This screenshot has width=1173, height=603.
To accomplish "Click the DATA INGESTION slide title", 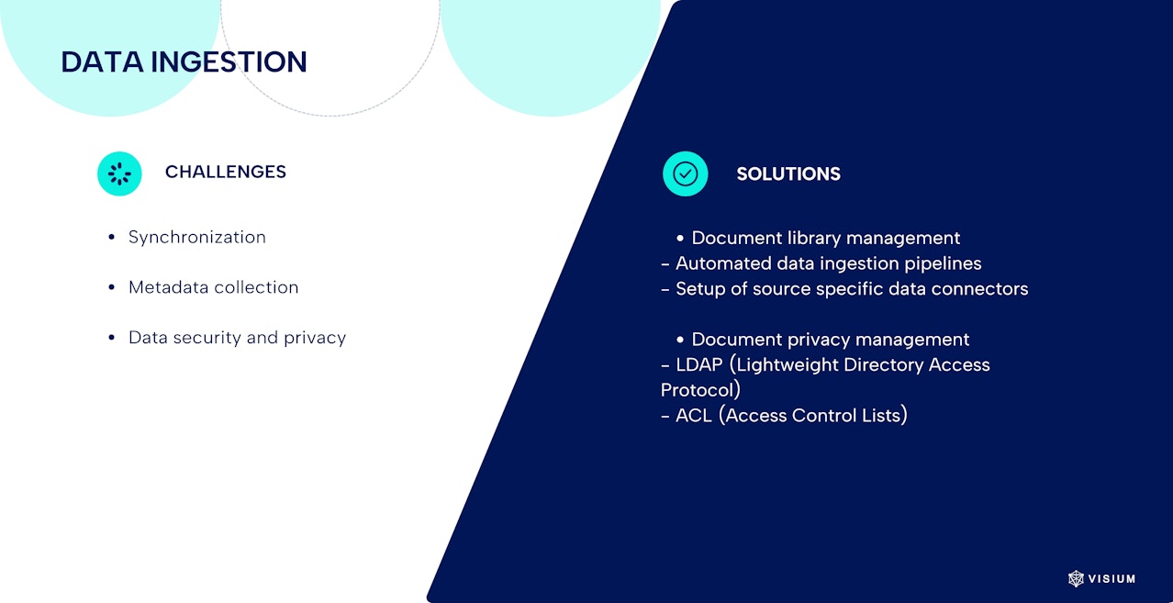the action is pos(184,61).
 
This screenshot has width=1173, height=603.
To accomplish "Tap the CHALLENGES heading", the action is pos(226,172).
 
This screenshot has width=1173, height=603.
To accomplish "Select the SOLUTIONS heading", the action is pos(788,173).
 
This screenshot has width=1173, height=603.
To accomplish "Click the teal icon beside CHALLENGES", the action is pos(119,173).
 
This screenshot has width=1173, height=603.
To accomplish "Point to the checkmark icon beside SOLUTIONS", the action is pos(686,173).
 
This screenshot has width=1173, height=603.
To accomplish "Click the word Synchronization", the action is pos(197,238).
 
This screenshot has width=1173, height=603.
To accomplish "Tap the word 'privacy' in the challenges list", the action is pos(315,338).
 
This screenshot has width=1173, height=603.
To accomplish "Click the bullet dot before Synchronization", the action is pos(112,238).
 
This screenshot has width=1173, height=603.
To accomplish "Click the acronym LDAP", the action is pos(699,365).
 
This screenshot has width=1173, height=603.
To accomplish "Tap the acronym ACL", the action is pos(694,416).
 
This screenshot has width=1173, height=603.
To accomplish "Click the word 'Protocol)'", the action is pos(700,390).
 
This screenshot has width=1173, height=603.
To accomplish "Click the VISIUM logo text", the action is pos(1112,579).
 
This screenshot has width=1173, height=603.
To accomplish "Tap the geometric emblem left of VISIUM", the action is pos(1076,579).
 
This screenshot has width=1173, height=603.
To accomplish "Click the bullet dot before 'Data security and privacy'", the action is pos(112,338).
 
